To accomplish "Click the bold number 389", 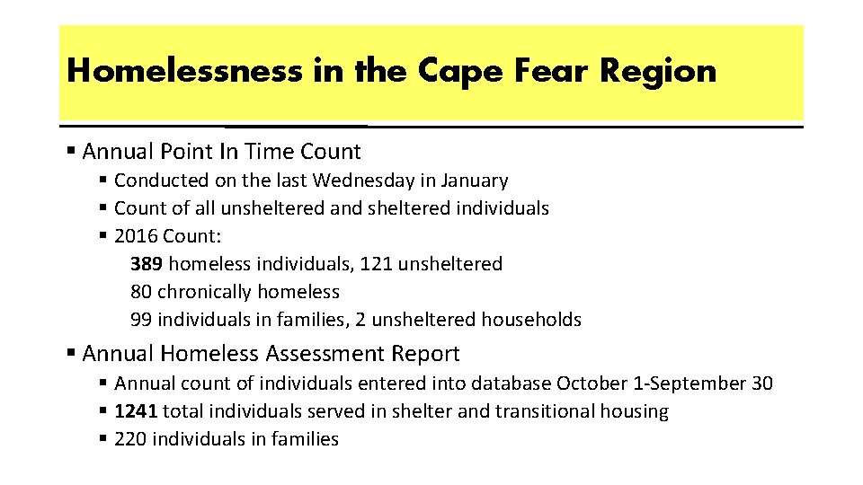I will [x=147, y=264].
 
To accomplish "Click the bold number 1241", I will [x=137, y=411].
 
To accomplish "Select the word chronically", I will [x=204, y=292].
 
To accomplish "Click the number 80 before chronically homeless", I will [x=141, y=292].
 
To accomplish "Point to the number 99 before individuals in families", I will [x=141, y=320].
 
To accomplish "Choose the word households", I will [x=531, y=320].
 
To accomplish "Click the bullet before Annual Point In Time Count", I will [x=71, y=152].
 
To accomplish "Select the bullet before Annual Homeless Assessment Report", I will [x=71, y=354].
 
